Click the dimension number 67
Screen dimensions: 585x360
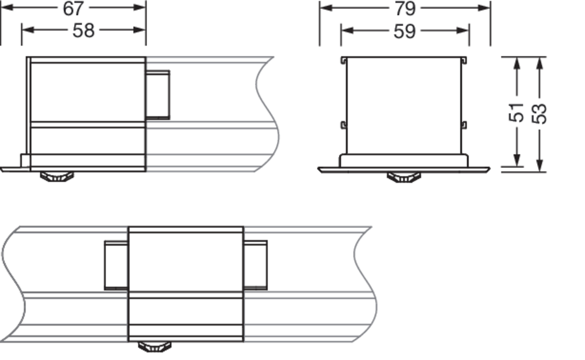(x=73, y=9)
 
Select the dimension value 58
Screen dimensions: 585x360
(x=83, y=30)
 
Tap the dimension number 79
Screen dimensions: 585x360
(x=405, y=9)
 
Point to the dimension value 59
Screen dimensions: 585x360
(x=404, y=31)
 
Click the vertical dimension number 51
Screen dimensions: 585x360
(x=516, y=113)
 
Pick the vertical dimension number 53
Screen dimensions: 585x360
(x=539, y=113)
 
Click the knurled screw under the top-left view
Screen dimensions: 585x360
(x=57, y=177)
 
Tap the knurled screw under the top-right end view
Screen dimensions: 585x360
(x=404, y=177)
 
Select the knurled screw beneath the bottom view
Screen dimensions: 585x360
(x=154, y=347)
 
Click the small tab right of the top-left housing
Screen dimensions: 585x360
(x=158, y=95)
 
